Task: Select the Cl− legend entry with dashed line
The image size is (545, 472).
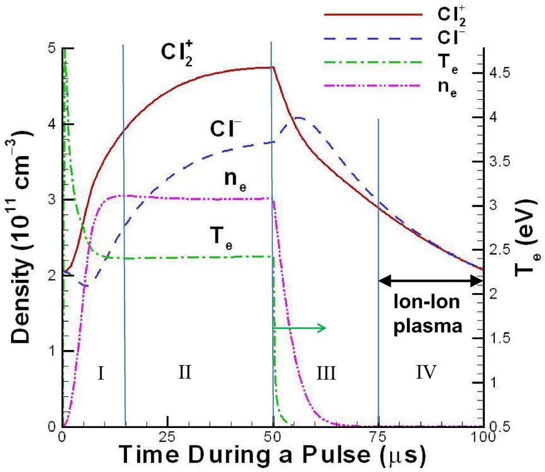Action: [x=454, y=38]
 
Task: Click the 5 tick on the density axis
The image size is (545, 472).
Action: [x=52, y=48]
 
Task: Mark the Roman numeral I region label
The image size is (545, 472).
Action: [x=101, y=372]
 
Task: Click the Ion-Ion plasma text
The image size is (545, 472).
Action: [x=428, y=314]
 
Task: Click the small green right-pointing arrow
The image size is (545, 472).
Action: [x=301, y=328]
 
